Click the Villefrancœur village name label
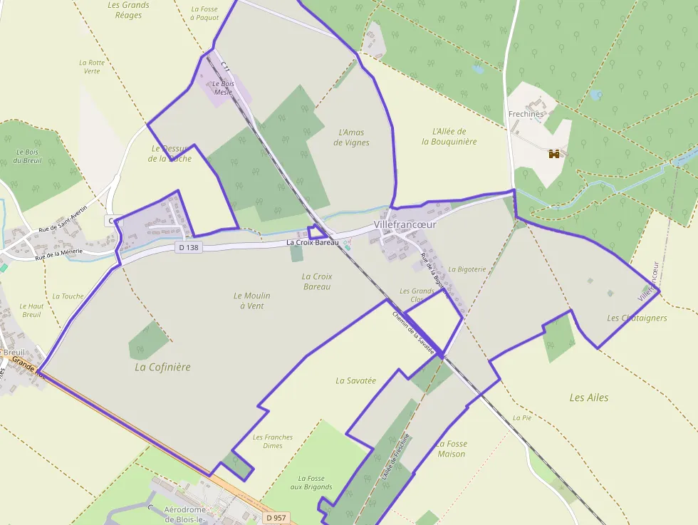click(x=405, y=224)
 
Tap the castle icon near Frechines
click(x=553, y=153)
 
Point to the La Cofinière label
click(x=162, y=367)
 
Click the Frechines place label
click(x=526, y=114)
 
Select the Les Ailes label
click(x=589, y=397)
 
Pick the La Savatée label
click(x=355, y=380)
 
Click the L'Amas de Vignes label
click(x=351, y=137)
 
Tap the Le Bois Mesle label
click(x=223, y=88)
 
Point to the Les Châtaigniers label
click(x=637, y=318)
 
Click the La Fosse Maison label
click(x=452, y=449)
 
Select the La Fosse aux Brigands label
click(x=311, y=483)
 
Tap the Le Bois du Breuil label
click(x=28, y=156)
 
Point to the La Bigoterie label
click(x=467, y=269)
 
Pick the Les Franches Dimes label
click(x=273, y=442)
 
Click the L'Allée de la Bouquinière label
click(x=449, y=136)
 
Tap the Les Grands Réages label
click(x=128, y=10)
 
